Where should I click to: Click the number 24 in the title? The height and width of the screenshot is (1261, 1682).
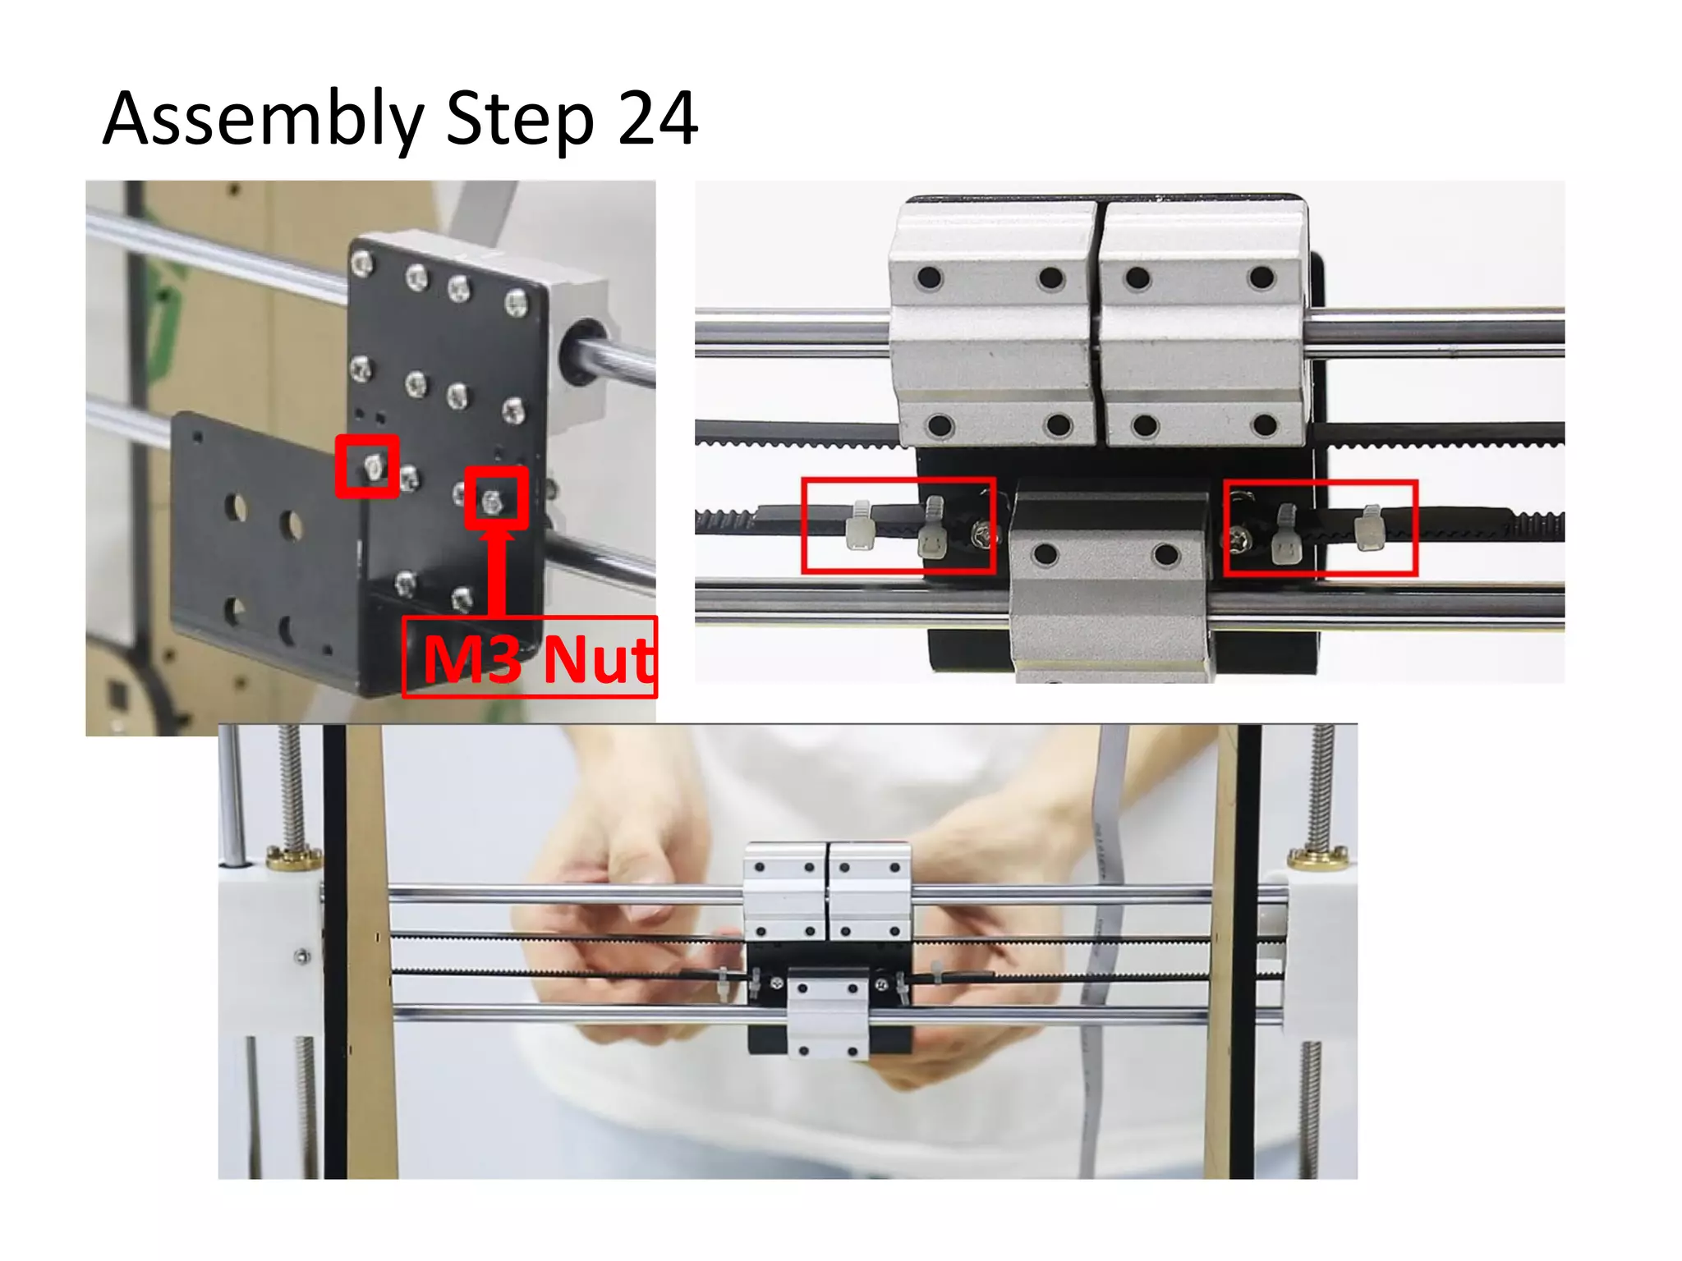[x=657, y=119]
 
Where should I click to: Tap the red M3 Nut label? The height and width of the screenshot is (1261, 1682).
[x=531, y=658]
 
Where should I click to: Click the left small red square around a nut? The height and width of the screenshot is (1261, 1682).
[x=367, y=466]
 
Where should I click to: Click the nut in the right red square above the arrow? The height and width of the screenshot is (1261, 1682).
[x=493, y=501]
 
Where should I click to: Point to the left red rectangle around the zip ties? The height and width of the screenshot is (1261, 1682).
[x=898, y=525]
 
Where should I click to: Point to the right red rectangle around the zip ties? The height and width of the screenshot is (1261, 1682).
[x=1321, y=528]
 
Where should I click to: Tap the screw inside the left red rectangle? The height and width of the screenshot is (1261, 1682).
[x=982, y=536]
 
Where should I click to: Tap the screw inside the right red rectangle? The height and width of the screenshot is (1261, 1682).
[x=1238, y=538]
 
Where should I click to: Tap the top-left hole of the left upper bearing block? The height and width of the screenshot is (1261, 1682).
[x=930, y=277]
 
